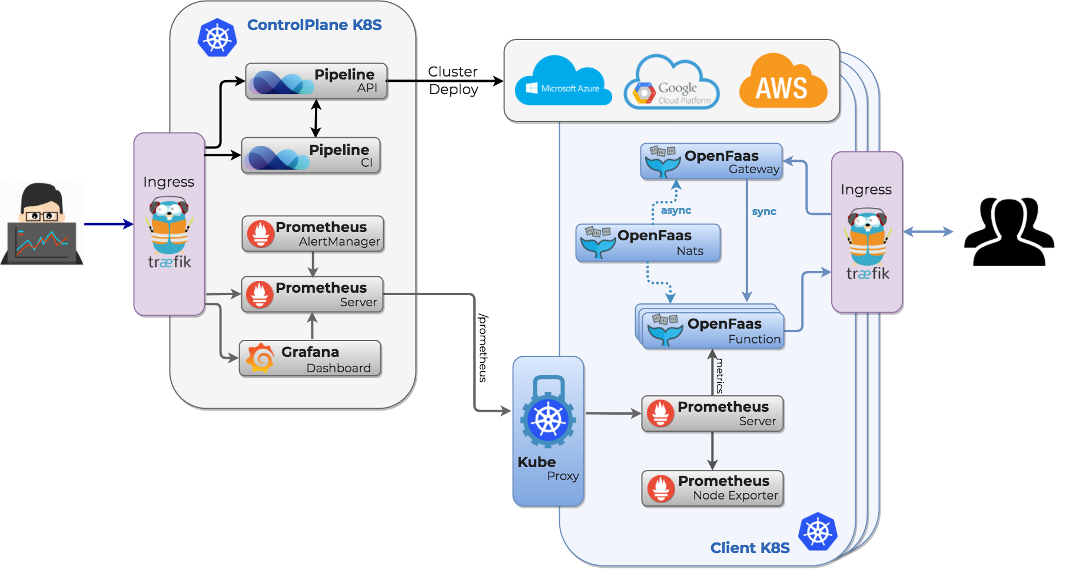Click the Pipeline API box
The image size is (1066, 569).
316,81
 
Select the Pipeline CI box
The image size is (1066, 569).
311,156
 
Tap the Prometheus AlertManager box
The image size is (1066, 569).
313,234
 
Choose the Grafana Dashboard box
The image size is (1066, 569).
310,359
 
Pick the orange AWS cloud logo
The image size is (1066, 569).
782,82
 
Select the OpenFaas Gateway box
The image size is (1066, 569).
711,161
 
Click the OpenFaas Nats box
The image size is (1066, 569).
648,243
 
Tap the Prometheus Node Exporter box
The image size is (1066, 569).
712,488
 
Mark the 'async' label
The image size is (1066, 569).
676,210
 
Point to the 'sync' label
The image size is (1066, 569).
764,211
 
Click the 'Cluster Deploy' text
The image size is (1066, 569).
453,81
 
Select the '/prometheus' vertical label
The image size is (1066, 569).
483,348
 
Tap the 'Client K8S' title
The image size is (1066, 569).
750,548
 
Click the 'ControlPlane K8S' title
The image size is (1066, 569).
314,25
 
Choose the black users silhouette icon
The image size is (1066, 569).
1008,232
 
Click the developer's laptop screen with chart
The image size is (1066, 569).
42,242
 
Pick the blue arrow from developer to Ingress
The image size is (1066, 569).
108,224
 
